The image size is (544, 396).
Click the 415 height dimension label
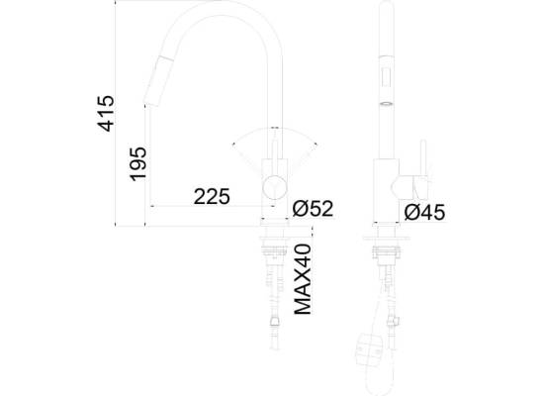[x=106, y=113]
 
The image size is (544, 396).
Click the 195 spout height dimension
[x=138, y=164]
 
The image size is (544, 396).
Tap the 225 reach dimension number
[x=212, y=197]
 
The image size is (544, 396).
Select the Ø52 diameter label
[x=313, y=208]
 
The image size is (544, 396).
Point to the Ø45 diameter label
[x=424, y=212]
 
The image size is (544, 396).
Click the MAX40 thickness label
[x=303, y=279]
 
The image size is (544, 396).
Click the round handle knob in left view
[x=275, y=187]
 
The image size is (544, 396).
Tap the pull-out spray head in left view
[x=158, y=81]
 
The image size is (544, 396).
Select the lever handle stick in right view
[x=423, y=158]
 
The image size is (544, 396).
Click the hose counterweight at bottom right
[x=371, y=349]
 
